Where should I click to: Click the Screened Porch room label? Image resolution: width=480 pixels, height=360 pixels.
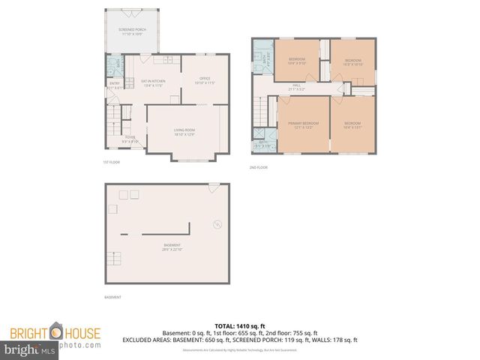pos(132,31)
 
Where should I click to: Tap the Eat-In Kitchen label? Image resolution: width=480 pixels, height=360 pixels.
pos(153,82)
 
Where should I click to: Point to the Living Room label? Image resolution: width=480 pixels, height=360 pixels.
pos(184,132)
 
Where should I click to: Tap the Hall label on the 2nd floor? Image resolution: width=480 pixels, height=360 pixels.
pos(296,87)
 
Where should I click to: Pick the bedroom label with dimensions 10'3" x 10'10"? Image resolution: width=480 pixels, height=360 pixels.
pos(352,61)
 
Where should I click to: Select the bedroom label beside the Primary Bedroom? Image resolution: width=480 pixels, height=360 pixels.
pos(352,124)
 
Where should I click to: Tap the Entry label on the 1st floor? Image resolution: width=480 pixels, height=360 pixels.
pos(115,85)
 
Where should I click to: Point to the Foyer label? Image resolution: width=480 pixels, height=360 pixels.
pos(130,139)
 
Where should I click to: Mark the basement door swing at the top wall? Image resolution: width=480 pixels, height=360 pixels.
pos(214,185)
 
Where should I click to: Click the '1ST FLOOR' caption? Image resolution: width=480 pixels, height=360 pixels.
pos(111,162)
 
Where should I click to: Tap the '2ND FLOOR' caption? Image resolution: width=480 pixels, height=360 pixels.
pos(259,167)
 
